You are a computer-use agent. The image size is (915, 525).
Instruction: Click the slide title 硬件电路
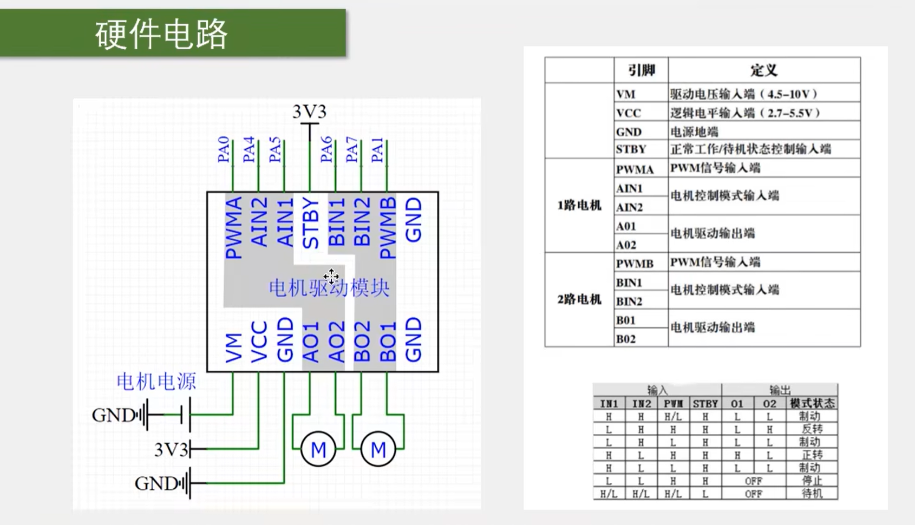(x=161, y=34)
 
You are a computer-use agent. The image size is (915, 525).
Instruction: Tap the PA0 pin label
(x=223, y=149)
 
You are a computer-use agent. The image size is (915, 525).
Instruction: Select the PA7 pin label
(x=352, y=149)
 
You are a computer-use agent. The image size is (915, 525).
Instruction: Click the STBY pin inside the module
(x=310, y=223)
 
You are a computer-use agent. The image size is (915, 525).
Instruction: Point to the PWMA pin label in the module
(x=233, y=228)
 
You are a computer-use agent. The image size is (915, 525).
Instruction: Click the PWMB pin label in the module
(x=388, y=228)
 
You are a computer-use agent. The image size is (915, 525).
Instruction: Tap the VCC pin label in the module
(x=259, y=342)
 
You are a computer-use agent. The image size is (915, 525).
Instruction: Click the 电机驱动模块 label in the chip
(x=329, y=288)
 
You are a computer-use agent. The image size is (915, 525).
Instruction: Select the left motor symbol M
(x=318, y=449)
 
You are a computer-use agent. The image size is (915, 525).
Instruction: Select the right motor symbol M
(x=378, y=449)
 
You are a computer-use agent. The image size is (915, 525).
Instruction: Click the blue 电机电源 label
(x=156, y=382)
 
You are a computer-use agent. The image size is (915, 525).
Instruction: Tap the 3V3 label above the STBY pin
(x=309, y=112)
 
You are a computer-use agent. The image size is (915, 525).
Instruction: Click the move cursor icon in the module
(x=331, y=276)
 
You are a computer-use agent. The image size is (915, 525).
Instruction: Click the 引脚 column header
(x=642, y=70)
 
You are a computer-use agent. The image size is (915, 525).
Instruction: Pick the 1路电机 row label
(x=579, y=206)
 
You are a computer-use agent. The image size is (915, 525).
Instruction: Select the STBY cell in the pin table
(x=631, y=149)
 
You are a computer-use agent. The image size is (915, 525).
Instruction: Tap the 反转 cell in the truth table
(x=811, y=429)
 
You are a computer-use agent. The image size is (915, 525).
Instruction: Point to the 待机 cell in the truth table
(x=811, y=494)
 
